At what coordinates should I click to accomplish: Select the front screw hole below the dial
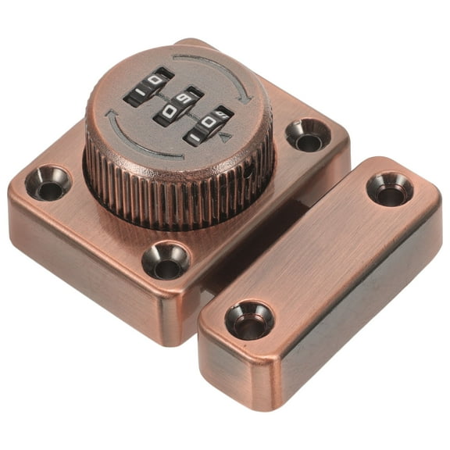[166, 260]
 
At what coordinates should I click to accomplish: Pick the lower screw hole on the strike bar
[249, 320]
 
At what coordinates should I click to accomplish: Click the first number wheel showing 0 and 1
[148, 88]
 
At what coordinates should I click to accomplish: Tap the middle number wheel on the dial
[178, 107]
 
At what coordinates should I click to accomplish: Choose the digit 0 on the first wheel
[157, 82]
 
